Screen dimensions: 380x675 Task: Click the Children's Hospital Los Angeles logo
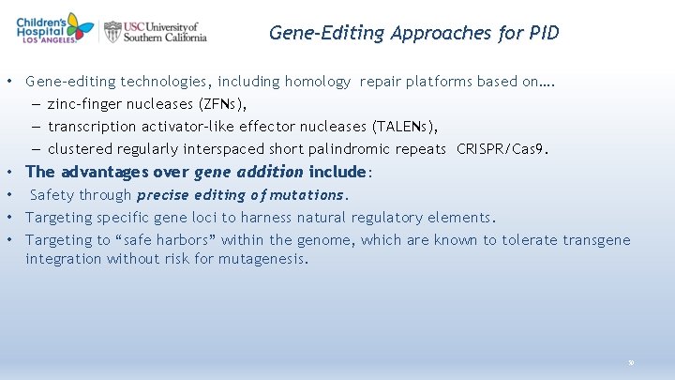point(54,28)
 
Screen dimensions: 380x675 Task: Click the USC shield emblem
point(113,32)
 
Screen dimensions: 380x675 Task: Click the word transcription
point(93,127)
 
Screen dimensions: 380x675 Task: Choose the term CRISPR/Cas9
point(502,149)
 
